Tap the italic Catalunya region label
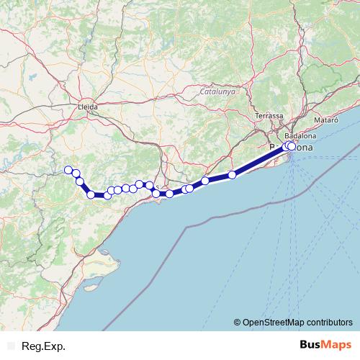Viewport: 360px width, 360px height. [218, 91]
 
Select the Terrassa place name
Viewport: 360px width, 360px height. [268, 115]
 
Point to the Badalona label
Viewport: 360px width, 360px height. [300, 135]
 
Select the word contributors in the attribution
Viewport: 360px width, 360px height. [330, 322]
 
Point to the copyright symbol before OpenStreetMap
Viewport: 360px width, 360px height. [238, 322]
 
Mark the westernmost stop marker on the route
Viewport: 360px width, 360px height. [68, 170]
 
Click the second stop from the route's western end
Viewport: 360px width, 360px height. [76, 174]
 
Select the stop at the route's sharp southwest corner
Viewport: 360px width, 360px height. [91, 194]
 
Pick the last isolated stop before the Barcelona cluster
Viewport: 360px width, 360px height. [232, 175]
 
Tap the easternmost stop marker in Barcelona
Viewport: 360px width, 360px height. [292, 145]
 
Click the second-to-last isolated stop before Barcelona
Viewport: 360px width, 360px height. [205, 181]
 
